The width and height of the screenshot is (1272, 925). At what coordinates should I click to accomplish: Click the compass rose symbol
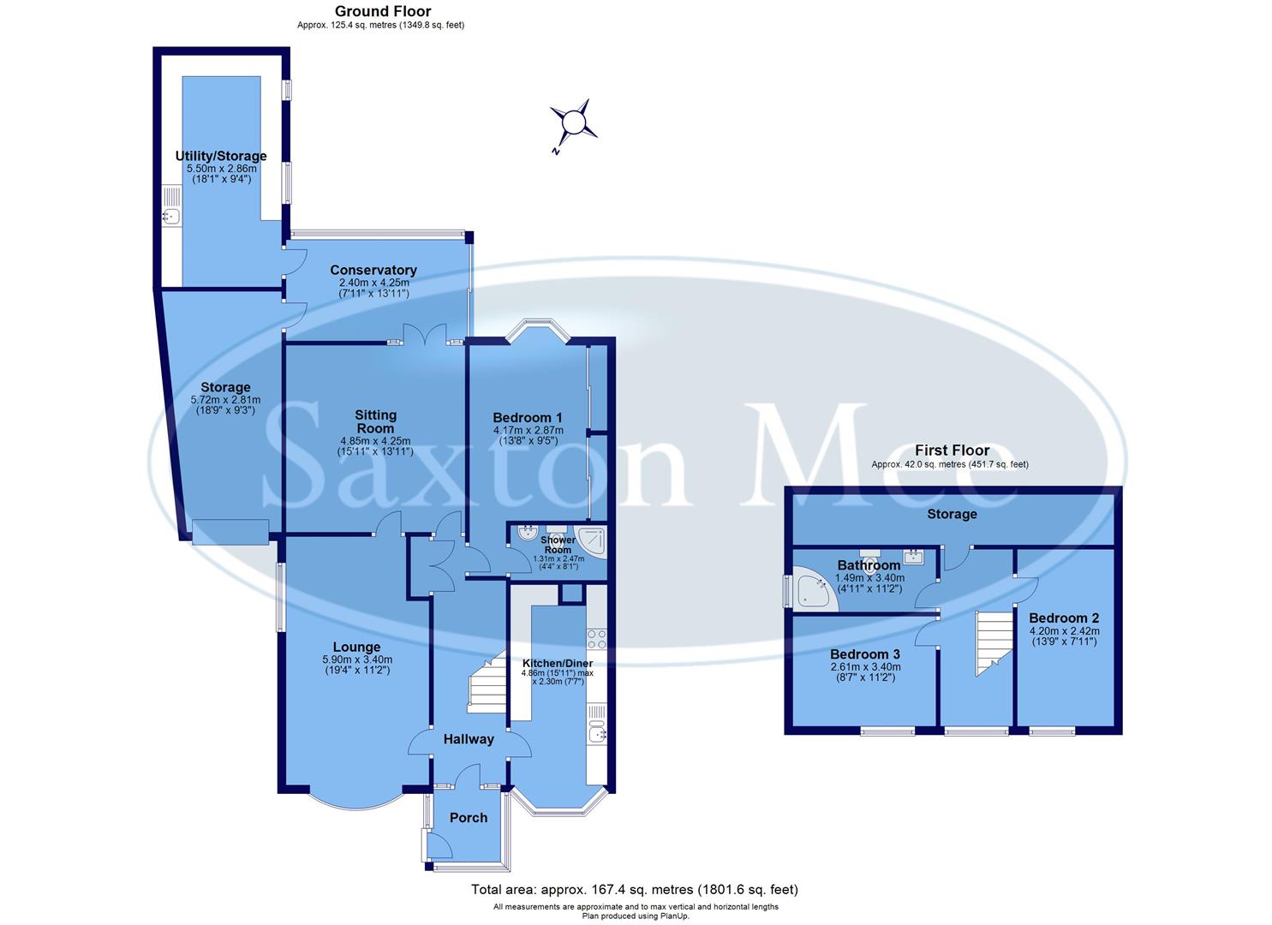[572, 125]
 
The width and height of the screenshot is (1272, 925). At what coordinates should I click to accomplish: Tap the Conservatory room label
[373, 271]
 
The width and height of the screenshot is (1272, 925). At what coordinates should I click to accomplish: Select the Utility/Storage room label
[221, 156]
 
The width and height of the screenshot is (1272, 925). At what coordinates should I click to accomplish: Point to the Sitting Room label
[375, 421]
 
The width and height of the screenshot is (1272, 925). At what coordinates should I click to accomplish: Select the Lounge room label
[357, 647]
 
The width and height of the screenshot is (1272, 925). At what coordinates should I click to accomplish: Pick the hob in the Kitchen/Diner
[597, 639]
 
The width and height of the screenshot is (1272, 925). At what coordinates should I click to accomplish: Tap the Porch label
[469, 818]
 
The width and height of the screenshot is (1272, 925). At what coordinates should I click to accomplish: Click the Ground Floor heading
[382, 11]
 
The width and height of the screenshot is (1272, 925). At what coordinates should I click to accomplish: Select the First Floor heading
[952, 450]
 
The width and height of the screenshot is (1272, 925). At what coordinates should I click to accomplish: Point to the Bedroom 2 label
[1064, 618]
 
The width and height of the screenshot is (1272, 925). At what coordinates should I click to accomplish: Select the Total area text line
[635, 890]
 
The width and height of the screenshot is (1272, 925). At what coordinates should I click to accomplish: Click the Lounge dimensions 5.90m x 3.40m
[357, 659]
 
